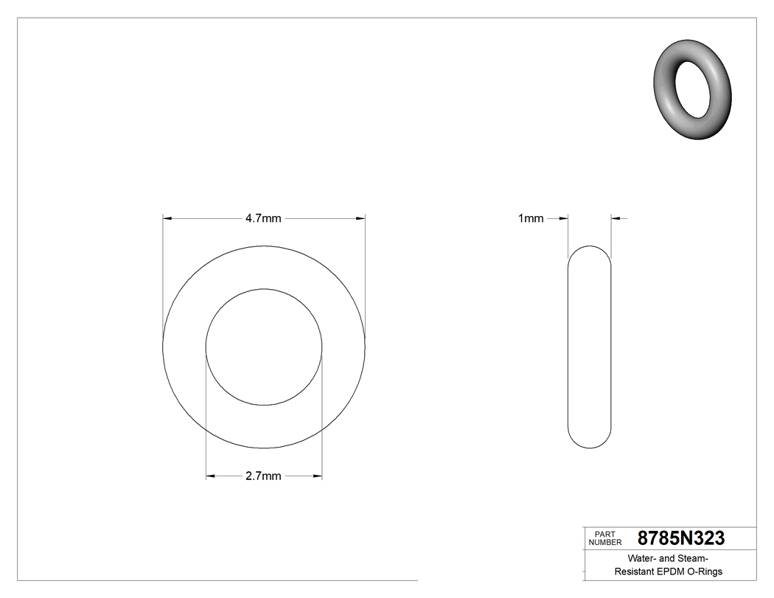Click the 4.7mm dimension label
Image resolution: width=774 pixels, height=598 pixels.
pos(263,218)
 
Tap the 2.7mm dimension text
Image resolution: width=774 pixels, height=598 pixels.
pos(263,476)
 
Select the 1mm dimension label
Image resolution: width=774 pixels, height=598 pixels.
pos(531,218)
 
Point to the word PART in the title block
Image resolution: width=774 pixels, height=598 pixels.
pos(604,534)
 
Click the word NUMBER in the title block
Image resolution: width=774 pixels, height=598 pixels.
pos(604,542)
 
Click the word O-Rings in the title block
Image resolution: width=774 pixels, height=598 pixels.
pos(705,571)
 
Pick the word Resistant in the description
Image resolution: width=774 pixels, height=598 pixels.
pos(634,571)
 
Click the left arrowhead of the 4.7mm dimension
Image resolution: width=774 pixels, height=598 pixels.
pos(167,218)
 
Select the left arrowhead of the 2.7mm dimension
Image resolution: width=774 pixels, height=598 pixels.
pos(210,476)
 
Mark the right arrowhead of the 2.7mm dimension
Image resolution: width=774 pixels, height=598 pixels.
pos(318,476)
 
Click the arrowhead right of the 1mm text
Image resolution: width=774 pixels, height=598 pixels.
pos(564,218)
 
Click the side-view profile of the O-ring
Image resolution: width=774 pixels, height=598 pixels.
pos(590,347)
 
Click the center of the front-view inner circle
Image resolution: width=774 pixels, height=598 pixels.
pos(264,347)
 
